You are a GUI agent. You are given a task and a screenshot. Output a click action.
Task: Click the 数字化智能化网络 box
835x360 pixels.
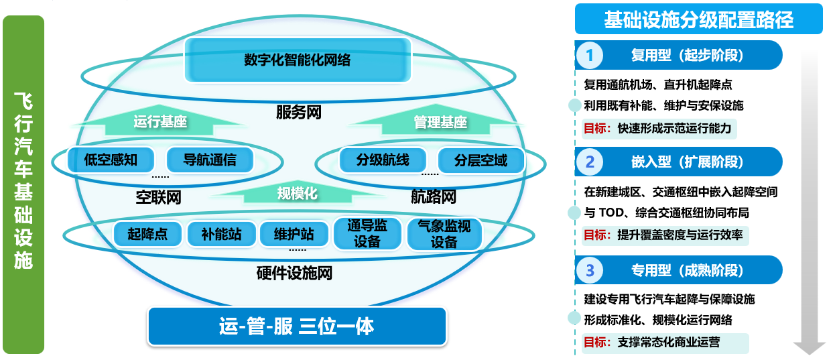(x=297, y=60)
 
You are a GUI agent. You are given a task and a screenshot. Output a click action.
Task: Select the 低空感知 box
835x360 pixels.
(x=111, y=160)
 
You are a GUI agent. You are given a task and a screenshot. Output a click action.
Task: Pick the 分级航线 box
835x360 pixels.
(x=383, y=160)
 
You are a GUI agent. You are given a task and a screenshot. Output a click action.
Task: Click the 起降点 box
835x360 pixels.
(x=147, y=234)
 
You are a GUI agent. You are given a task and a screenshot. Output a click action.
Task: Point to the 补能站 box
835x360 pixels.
(x=220, y=234)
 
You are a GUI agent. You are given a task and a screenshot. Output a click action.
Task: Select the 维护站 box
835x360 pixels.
(x=294, y=234)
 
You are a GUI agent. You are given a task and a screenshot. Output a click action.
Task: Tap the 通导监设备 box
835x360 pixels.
(x=367, y=234)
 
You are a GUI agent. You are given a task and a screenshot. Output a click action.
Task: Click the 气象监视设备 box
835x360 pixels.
(x=444, y=234)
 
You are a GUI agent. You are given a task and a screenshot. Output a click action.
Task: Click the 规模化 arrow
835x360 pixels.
(x=297, y=193)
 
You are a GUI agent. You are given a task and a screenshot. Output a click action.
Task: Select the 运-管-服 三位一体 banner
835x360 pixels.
(x=297, y=326)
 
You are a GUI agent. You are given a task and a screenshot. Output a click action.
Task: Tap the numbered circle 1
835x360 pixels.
(x=590, y=55)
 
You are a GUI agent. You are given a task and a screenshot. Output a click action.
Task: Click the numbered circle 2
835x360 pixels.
(x=590, y=162)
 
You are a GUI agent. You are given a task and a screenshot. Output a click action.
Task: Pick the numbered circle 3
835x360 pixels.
(x=590, y=270)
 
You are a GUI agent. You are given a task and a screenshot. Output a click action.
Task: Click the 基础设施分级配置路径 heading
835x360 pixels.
(x=698, y=19)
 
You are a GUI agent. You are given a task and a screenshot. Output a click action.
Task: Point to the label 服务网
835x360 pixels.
(x=299, y=112)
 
